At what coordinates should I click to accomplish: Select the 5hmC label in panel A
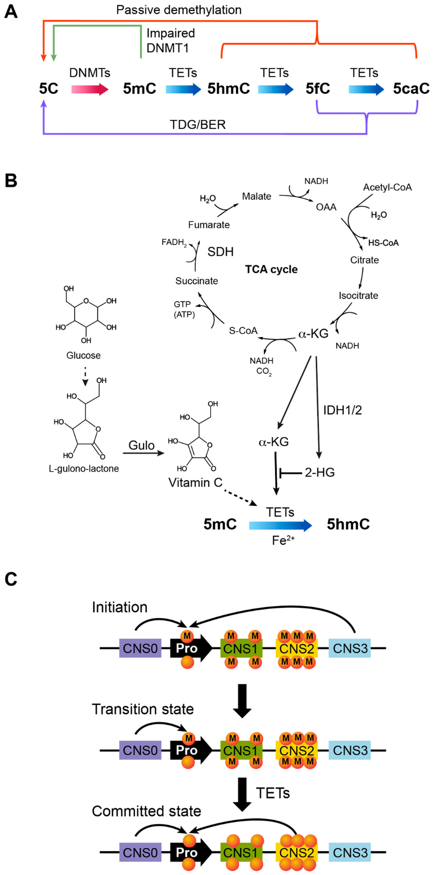tap(228, 89)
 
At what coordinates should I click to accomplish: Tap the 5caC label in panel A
tap(411, 89)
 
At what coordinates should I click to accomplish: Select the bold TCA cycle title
tap(271, 269)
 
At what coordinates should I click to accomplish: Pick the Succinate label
tap(196, 281)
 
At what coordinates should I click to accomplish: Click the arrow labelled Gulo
tap(143, 453)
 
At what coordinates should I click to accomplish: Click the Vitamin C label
tap(195, 483)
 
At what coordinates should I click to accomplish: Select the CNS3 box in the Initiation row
tap(350, 648)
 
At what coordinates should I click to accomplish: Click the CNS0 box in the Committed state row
tap(140, 853)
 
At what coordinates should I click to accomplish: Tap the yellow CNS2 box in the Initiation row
tap(296, 648)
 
